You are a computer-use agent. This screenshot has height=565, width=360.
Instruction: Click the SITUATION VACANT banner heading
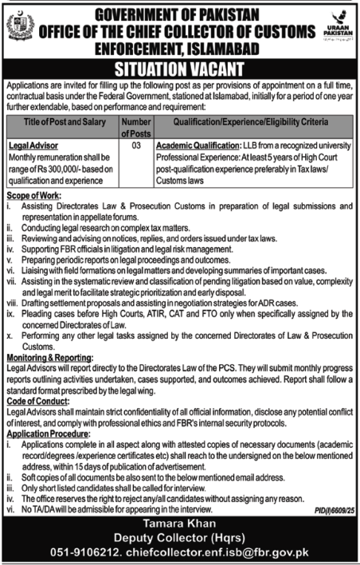179,67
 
